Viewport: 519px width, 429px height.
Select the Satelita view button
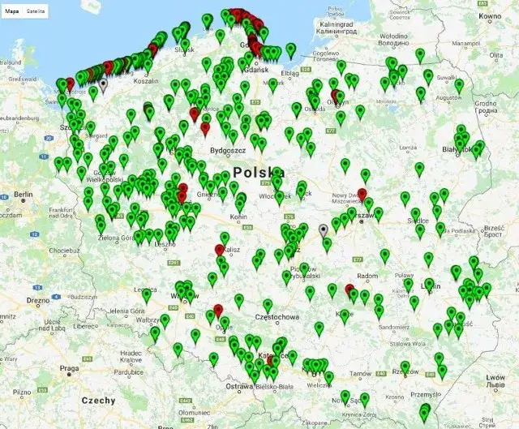point(36,12)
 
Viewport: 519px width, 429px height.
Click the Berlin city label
point(23,195)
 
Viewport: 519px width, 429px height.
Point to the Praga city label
point(69,368)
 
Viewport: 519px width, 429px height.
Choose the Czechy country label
point(98,400)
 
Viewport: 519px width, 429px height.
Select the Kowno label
point(490,16)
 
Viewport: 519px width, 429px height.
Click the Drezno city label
point(38,300)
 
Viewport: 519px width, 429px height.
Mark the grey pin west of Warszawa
point(324,230)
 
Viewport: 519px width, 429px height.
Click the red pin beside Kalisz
point(220,249)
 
